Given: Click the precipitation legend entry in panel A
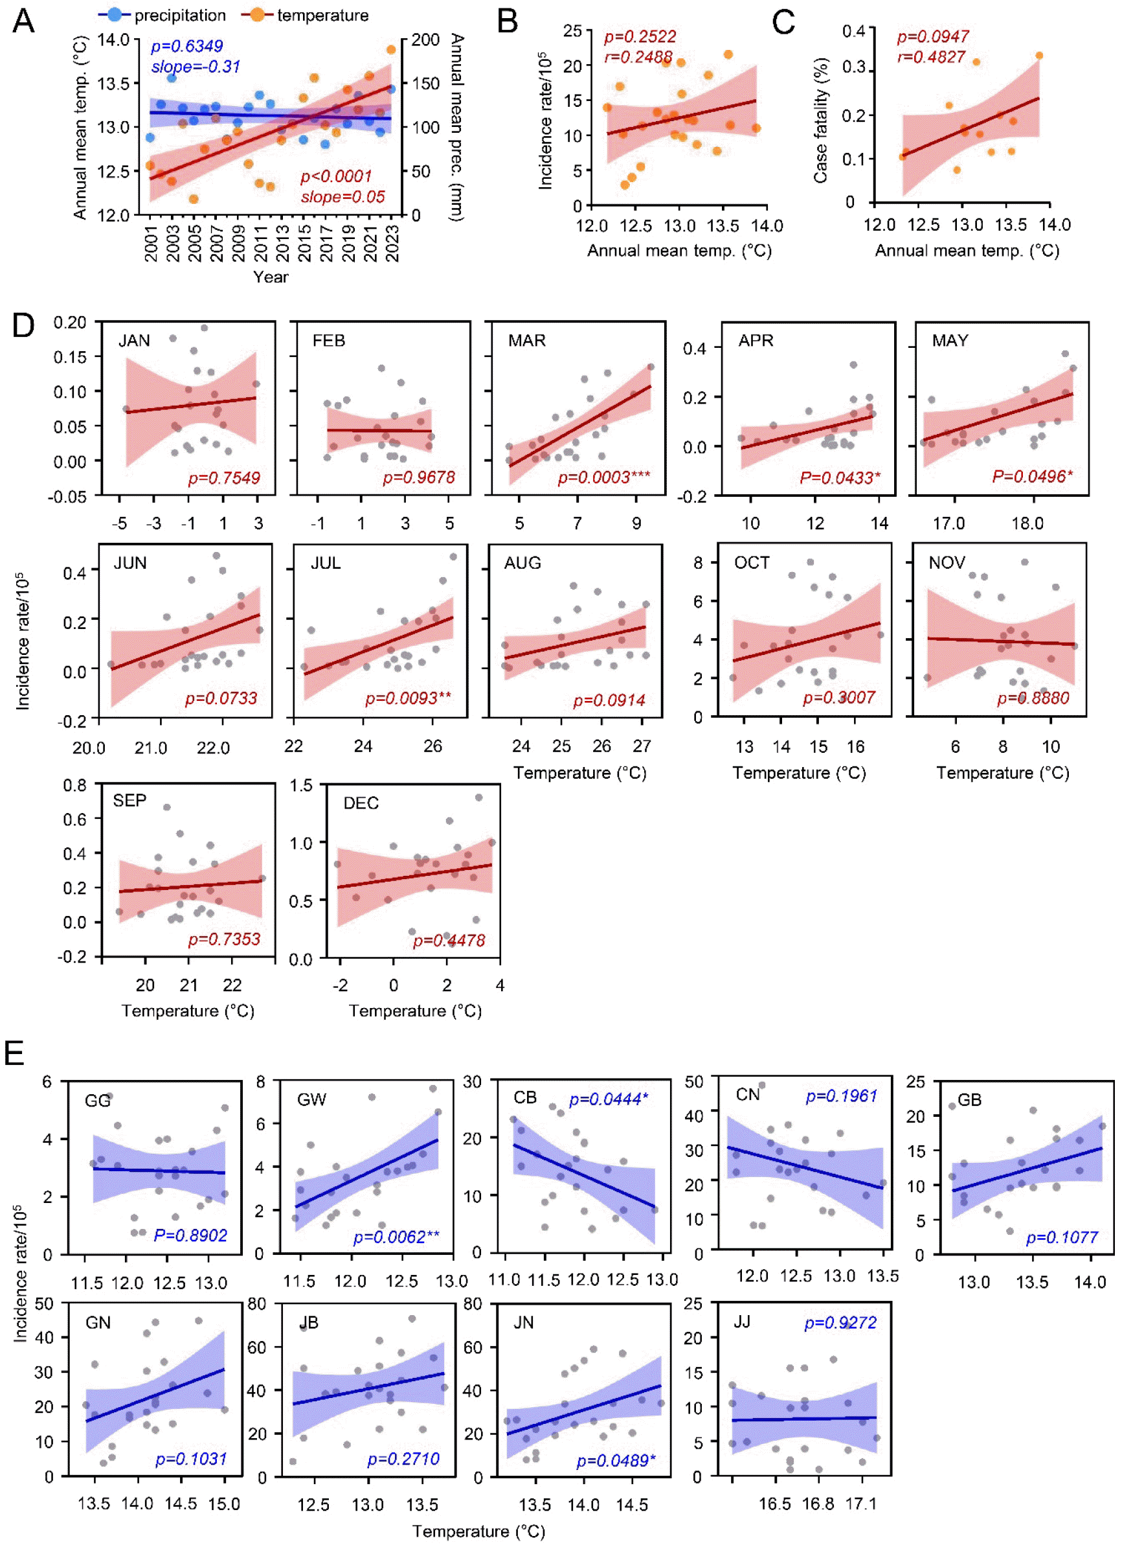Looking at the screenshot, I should click(x=164, y=15).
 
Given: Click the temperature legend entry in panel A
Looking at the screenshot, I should click(x=306, y=15).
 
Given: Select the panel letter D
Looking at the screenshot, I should click(x=23, y=325).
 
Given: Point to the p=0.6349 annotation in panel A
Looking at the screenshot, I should click(x=186, y=46).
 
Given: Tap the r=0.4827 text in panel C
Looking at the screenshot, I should click(x=930, y=56).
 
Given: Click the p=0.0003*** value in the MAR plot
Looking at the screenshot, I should click(x=604, y=477).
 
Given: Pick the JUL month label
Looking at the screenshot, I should click(x=325, y=563).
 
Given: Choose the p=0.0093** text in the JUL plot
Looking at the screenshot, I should click(x=408, y=698).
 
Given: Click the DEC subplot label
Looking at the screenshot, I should click(x=361, y=803).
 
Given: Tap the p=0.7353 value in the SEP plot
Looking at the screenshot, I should click(x=224, y=939).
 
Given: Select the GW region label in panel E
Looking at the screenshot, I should click(x=311, y=1099).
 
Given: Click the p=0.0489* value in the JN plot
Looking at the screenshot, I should click(x=616, y=1460).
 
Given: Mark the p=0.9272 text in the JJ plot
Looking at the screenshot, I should click(x=840, y=1324).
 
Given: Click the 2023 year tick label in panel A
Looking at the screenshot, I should click(x=392, y=244).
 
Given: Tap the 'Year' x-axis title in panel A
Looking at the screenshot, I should click(x=271, y=277).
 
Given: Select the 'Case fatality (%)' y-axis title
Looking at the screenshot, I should click(x=820, y=120).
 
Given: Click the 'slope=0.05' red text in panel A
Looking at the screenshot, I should click(x=343, y=197).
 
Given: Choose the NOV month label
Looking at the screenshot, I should click(x=946, y=563).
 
